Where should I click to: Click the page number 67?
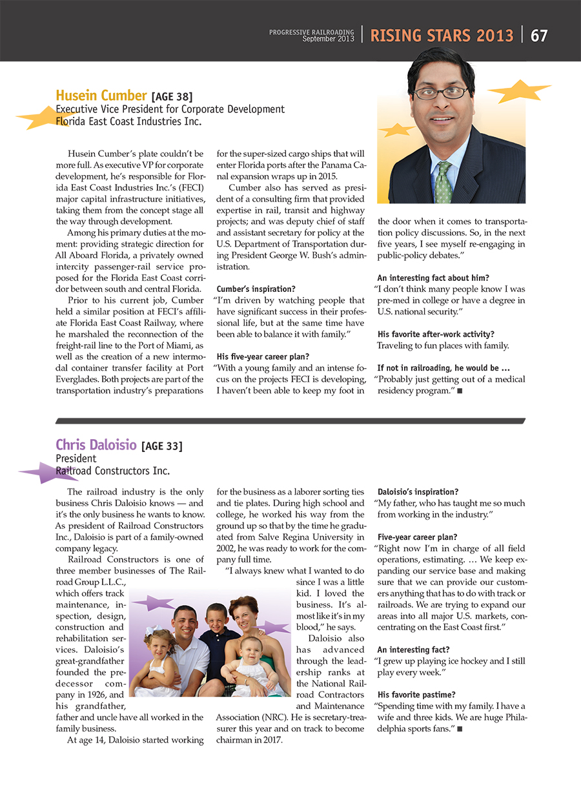click(x=539, y=36)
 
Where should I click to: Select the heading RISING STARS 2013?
click(x=442, y=36)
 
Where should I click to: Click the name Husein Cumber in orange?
click(x=101, y=97)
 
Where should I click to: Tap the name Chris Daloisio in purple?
click(x=96, y=445)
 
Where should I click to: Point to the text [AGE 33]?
click(x=162, y=446)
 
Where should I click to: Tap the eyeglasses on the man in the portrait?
click(x=441, y=92)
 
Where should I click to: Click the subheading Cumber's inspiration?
click(x=256, y=289)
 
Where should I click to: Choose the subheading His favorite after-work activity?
click(x=436, y=334)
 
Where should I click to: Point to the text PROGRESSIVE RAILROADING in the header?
click(x=312, y=32)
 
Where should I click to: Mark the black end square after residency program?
click(x=460, y=391)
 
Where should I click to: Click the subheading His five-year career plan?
click(x=263, y=356)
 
